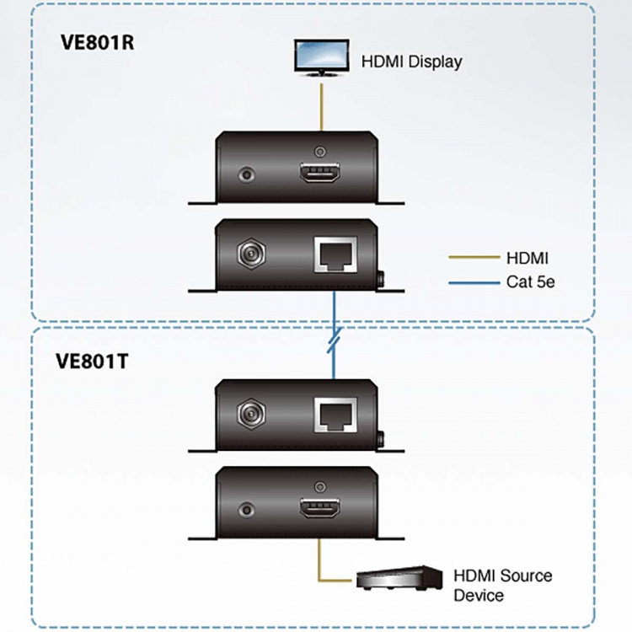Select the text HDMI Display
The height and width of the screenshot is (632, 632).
(x=411, y=62)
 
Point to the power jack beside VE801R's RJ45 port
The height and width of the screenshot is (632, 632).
(x=249, y=253)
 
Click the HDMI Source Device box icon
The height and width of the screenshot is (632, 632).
(x=399, y=579)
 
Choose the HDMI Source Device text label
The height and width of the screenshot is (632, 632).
(x=502, y=586)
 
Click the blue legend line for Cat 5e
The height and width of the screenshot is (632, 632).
(x=471, y=282)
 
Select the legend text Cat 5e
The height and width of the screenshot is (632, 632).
(x=531, y=282)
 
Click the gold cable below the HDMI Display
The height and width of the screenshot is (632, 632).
(x=319, y=105)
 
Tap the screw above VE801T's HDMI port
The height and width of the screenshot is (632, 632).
(x=319, y=486)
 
